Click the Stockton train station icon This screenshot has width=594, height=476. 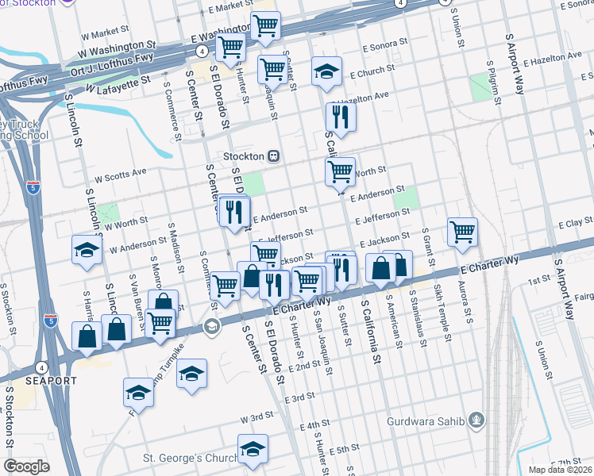[272, 155]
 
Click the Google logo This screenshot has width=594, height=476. [27, 466]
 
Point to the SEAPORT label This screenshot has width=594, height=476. [50, 381]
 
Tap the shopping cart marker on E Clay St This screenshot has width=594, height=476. [462, 232]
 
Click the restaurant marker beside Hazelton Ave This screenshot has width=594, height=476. [341, 117]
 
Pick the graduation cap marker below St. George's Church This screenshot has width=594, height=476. [253, 451]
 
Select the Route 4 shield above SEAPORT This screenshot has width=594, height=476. [41, 367]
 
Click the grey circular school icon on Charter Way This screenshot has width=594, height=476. [211, 325]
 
